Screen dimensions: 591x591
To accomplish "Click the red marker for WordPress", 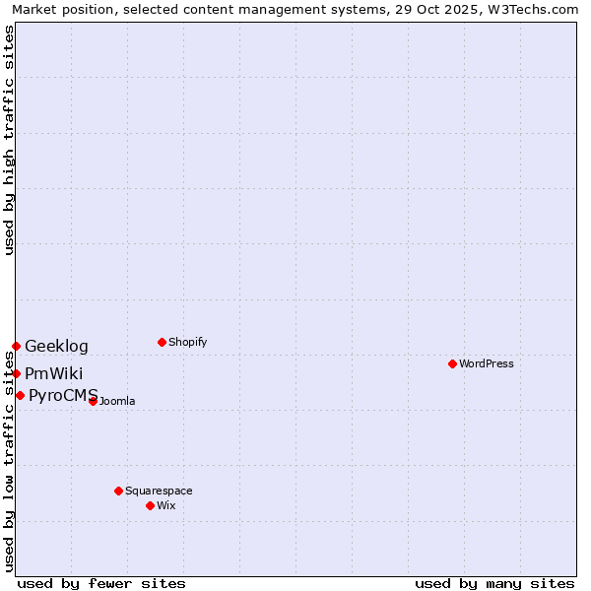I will (x=452, y=363).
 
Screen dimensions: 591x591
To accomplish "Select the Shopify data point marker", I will (x=162, y=342).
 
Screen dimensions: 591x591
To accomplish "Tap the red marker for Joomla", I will (x=93, y=401).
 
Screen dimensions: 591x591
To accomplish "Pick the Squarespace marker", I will (x=118, y=491).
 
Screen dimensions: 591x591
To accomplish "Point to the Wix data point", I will (x=150, y=505).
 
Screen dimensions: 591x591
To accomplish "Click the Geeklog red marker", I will (x=16, y=346).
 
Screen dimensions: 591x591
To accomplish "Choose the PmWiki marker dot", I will (x=16, y=373).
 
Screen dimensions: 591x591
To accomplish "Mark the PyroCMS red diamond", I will (x=20, y=395).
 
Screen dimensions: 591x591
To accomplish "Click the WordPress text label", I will (x=487, y=363).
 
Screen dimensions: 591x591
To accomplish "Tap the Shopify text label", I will (x=188, y=342).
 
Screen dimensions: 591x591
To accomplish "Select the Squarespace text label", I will (x=159, y=491).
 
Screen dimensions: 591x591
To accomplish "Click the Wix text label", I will (x=166, y=505).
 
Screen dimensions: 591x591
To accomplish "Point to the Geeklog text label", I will (x=56, y=346).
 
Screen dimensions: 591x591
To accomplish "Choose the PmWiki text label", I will (x=54, y=373).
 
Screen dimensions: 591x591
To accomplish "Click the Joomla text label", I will (x=117, y=401).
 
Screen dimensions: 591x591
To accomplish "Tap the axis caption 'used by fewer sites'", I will (x=101, y=583).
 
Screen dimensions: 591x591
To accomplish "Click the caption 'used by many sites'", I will (x=494, y=583).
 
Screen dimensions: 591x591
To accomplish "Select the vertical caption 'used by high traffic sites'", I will (x=9, y=140).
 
